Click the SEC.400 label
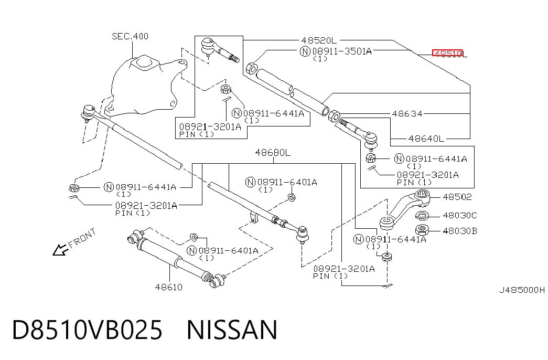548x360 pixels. point(130,36)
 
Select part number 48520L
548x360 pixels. point(319,40)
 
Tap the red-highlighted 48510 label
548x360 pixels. point(447,53)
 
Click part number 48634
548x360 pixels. point(407,113)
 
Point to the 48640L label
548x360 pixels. point(426,139)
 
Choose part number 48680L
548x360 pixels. point(273,153)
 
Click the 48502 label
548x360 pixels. point(457,197)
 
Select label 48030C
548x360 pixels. point(459,215)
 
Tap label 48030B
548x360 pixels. point(459,231)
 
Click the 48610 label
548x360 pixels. point(169,287)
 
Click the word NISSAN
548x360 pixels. point(232,330)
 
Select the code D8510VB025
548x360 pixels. point(88,330)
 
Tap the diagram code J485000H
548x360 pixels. point(521,290)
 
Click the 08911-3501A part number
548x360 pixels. point(342,51)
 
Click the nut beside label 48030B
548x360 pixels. point(422,230)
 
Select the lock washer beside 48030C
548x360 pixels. point(422,216)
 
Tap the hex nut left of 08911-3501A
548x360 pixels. point(252,68)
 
